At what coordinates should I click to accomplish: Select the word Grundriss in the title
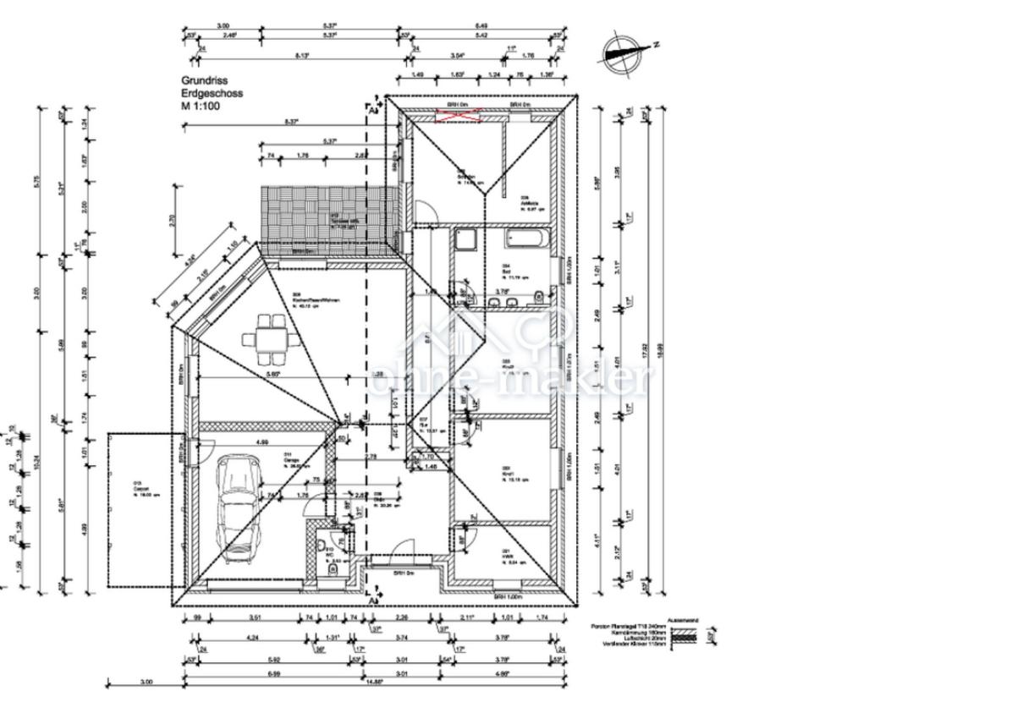coord(198,81)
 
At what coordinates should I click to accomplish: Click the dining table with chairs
coord(270,337)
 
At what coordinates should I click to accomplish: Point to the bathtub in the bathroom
coord(526,239)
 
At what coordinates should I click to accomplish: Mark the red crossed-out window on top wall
coord(458,116)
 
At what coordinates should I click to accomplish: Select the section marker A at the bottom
coord(371,600)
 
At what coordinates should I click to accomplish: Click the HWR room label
coord(508,555)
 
